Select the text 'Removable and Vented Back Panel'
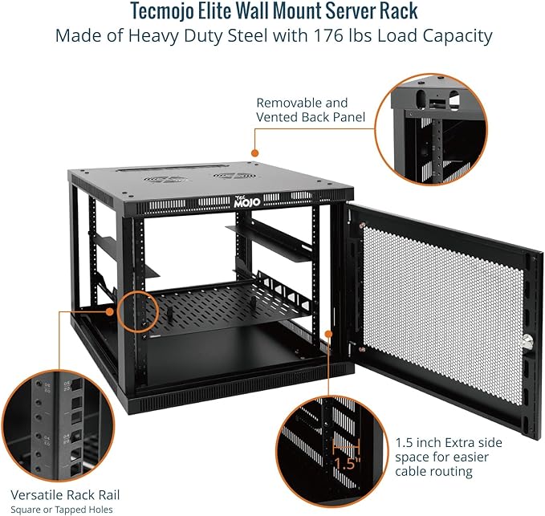(302, 110)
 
